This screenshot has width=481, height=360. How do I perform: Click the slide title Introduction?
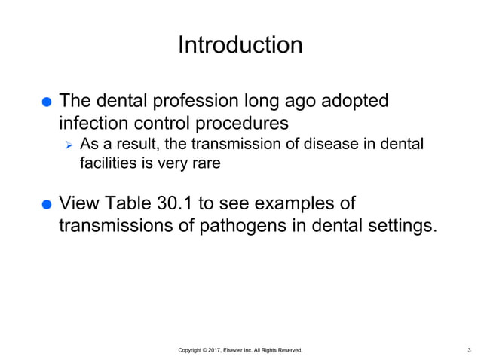click(x=240, y=45)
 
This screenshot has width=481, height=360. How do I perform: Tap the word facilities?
click(x=106, y=162)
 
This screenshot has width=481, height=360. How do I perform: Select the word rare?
click(x=205, y=162)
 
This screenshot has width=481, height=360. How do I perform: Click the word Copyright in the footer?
click(x=193, y=350)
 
